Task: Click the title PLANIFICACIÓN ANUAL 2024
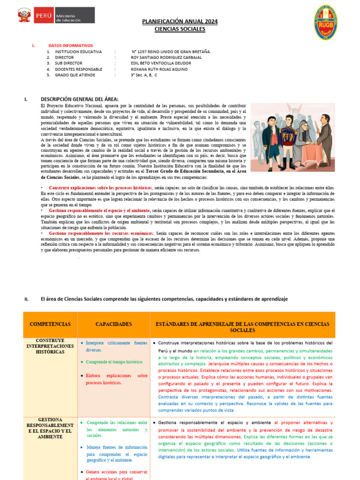coord(180,22)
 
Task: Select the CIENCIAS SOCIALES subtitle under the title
coord(180,29)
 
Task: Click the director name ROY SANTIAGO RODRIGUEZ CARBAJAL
coord(166,57)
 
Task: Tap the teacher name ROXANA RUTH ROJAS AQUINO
coord(159,69)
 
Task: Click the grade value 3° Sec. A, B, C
coord(144,75)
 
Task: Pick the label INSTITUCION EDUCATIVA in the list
coord(78,52)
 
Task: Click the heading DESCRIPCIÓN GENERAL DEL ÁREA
coord(80,99)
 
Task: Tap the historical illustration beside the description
coord(292,137)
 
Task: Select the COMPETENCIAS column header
coord(50,324)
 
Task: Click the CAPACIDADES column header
coord(113,324)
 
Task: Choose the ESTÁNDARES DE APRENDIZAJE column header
coord(242,327)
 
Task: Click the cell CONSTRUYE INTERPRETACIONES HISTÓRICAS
coord(50,346)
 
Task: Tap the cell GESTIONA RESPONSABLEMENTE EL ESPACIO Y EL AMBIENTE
coord(50,428)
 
